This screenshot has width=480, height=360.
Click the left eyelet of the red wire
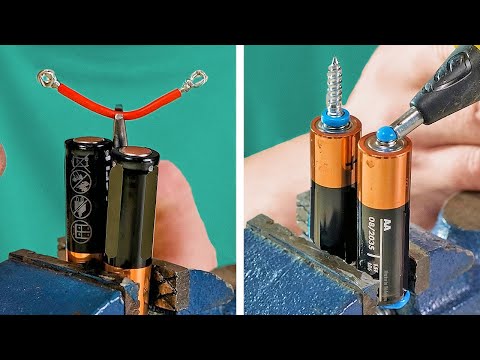point(45,76)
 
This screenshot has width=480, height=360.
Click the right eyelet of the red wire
point(199,77)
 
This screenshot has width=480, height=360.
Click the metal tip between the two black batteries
point(119,130)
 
